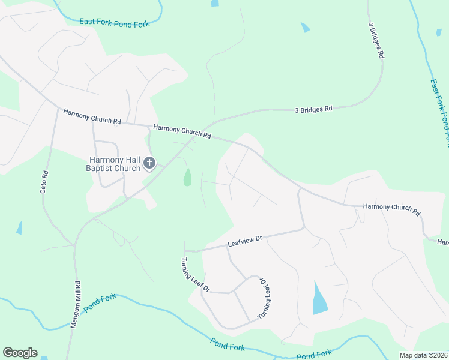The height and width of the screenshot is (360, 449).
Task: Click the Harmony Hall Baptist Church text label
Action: pos(114,164)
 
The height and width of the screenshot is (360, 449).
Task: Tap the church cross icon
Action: pos(149,163)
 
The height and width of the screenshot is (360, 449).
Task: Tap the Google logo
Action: pos(20,353)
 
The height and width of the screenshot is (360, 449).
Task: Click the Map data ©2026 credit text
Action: pos(423,355)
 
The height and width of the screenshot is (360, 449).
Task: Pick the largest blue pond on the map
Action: pos(320,298)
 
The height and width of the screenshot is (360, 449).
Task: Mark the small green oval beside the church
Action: pos(187,177)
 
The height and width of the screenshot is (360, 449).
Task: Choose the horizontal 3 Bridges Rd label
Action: pos(313,109)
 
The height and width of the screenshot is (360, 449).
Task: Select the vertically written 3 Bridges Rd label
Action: pos(376,40)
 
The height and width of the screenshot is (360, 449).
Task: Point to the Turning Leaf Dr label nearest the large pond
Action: pos(264,298)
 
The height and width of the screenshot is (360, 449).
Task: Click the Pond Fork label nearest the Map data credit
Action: pos(314,355)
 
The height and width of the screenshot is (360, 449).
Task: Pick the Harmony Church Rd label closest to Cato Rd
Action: pos(91,116)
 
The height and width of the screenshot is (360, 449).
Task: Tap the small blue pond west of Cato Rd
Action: pos(19,228)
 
